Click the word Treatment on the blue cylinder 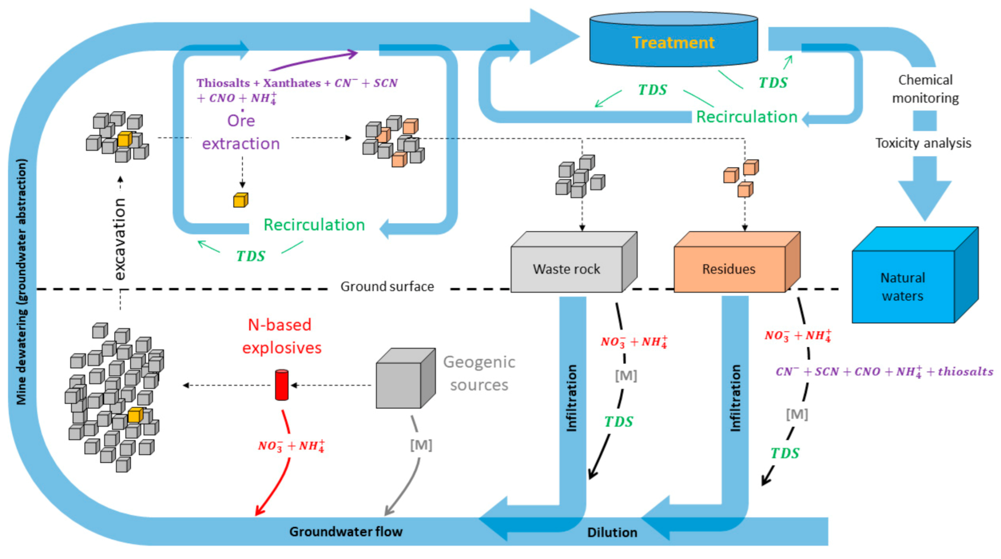point(673,42)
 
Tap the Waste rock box point(566,269)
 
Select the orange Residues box point(729,269)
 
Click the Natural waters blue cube point(903,286)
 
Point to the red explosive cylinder point(281,385)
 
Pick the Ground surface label point(387,287)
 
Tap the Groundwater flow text point(346,531)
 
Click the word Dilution point(612,532)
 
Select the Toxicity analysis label point(923,143)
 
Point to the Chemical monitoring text point(925,89)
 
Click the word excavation point(119,239)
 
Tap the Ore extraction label point(241,132)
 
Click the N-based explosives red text point(281,336)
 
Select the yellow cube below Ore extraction point(240,200)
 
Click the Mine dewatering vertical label point(21,281)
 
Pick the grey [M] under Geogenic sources point(421,445)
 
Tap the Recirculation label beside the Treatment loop point(747,117)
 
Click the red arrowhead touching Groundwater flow point(258,511)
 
